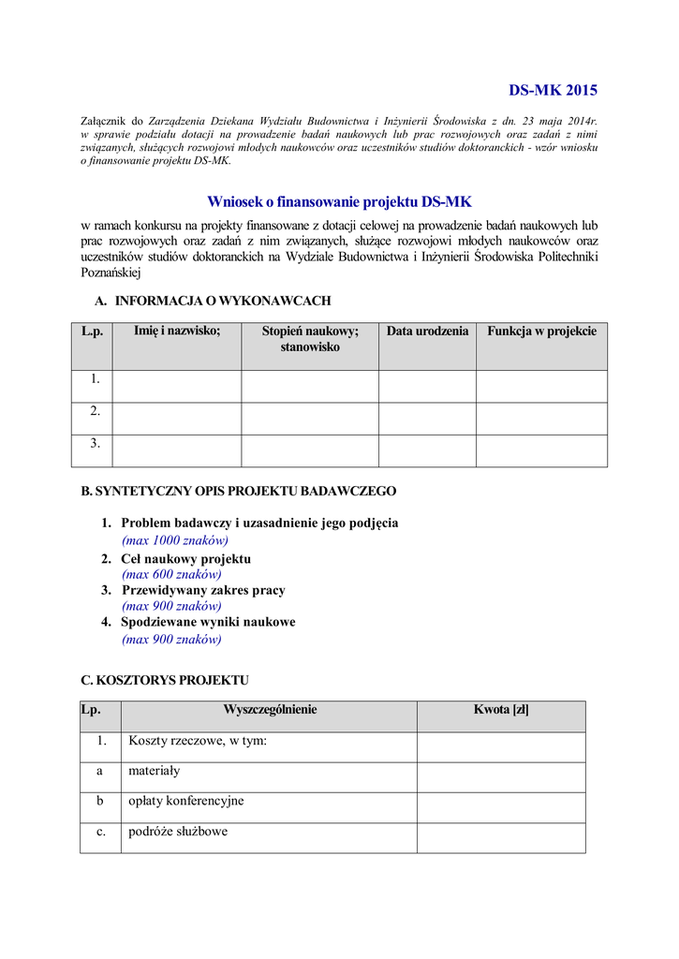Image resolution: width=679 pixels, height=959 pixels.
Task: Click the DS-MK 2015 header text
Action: [553, 91]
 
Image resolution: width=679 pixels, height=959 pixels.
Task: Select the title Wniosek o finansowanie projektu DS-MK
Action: [340, 201]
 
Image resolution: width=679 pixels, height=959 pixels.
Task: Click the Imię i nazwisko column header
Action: [177, 332]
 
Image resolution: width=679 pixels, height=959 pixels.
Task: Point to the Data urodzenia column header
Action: [427, 332]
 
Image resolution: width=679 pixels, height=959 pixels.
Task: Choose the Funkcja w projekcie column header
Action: [541, 332]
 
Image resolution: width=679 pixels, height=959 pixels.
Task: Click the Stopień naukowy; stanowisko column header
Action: [310, 339]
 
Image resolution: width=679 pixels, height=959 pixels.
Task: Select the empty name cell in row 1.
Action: [177, 386]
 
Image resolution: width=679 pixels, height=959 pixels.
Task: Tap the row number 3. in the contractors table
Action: [95, 443]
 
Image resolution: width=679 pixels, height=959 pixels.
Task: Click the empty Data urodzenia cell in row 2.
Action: [427, 419]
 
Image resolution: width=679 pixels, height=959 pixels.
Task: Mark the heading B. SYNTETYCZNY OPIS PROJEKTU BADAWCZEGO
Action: [239, 491]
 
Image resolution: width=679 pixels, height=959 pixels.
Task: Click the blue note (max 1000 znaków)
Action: [175, 540]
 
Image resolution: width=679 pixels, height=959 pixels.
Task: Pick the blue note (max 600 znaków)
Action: [171, 574]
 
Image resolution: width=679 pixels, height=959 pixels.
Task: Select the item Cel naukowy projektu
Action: [185, 559]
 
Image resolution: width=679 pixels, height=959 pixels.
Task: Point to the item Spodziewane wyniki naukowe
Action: [208, 622]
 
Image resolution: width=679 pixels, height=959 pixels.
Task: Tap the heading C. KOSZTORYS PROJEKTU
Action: [165, 680]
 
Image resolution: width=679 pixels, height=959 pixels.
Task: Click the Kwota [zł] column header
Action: [501, 710]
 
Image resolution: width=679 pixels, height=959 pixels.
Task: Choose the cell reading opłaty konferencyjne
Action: [185, 801]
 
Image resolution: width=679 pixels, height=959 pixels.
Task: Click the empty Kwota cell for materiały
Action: [501, 777]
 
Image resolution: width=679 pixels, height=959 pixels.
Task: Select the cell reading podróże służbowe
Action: [177, 832]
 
